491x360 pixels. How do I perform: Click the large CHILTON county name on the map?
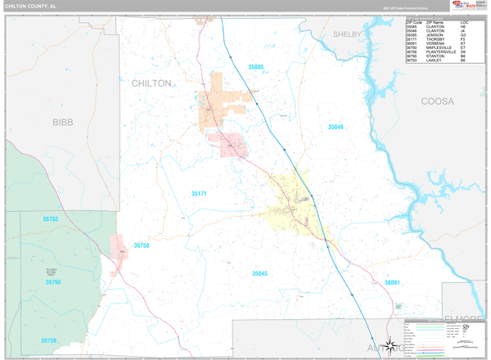tap(151, 83)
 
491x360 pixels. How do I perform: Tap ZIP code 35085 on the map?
tap(257, 66)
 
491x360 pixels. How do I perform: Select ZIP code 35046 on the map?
tap(336, 127)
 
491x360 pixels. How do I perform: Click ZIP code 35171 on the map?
tap(199, 194)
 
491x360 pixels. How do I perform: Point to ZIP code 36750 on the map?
tap(142, 245)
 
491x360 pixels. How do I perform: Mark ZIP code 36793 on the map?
tap(51, 219)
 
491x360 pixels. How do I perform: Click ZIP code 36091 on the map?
tap(392, 283)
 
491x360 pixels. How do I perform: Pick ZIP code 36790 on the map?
tap(53, 282)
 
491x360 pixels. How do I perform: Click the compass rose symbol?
tap(392, 344)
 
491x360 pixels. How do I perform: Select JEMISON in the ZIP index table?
tap(435, 35)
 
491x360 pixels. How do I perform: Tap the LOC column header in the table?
tap(464, 22)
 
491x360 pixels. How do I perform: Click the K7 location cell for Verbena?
tap(463, 45)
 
